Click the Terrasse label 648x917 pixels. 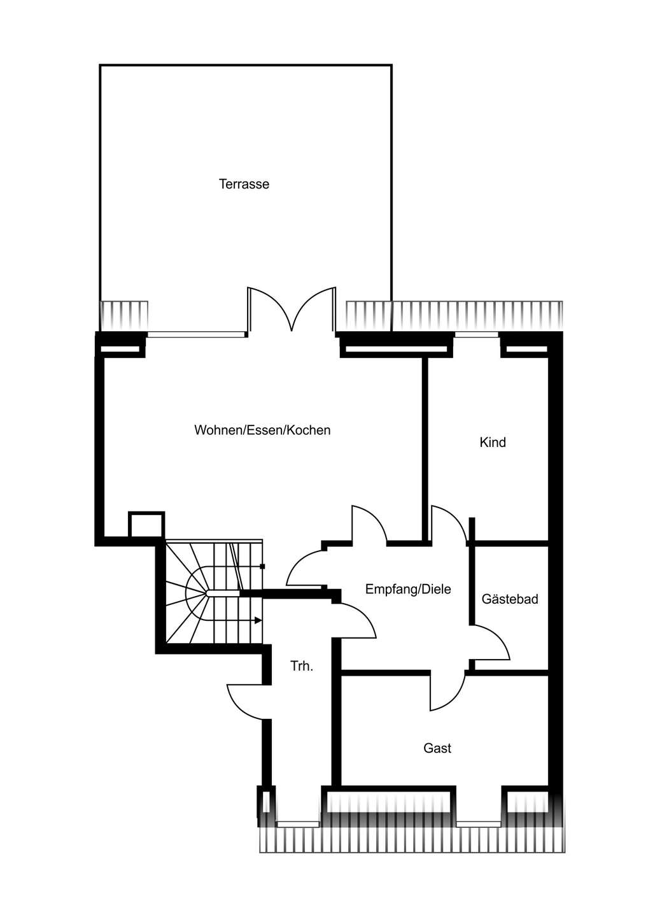[244, 184]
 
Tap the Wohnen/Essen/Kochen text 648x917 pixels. [262, 430]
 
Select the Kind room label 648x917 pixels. [493, 442]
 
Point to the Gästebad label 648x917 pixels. [510, 599]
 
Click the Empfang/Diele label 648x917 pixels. [408, 589]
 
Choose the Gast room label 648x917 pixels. [437, 748]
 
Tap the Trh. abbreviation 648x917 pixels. [302, 666]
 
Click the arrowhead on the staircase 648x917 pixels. [258, 620]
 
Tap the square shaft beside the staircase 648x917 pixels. [146, 525]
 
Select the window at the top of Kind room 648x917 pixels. [477, 334]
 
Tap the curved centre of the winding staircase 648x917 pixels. [195, 593]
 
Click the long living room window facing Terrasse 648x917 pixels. [196, 334]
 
